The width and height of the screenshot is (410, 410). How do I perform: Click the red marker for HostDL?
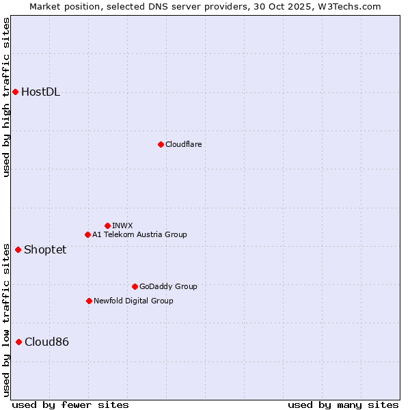[x=15, y=92]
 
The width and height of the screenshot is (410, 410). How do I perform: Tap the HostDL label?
[x=40, y=92]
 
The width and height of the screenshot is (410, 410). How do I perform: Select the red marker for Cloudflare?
[x=161, y=144]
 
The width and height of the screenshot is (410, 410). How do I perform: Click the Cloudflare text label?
[x=183, y=144]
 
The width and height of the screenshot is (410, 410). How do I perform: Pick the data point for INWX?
[x=107, y=225]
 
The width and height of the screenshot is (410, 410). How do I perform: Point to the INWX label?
[x=122, y=225]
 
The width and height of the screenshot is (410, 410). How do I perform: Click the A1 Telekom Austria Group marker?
[x=87, y=234]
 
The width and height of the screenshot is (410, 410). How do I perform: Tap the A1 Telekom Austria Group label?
[x=139, y=234]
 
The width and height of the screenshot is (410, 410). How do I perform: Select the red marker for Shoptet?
[x=18, y=249]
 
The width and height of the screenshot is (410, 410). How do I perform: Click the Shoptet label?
[x=45, y=249]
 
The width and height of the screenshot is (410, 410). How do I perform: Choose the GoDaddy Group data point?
[x=135, y=286]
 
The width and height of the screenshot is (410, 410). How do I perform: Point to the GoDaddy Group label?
[x=167, y=286]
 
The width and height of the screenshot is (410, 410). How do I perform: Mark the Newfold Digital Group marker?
[x=89, y=301]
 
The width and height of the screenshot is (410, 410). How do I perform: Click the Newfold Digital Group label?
[x=133, y=301]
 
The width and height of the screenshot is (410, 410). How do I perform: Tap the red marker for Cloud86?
[x=18, y=342]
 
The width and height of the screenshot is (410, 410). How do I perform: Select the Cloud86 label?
[x=46, y=342]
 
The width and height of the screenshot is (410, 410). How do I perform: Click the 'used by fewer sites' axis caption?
[x=70, y=405]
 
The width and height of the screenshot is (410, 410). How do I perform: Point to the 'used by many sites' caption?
[x=343, y=405]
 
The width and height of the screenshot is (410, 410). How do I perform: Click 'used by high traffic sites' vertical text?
[x=7, y=97]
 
